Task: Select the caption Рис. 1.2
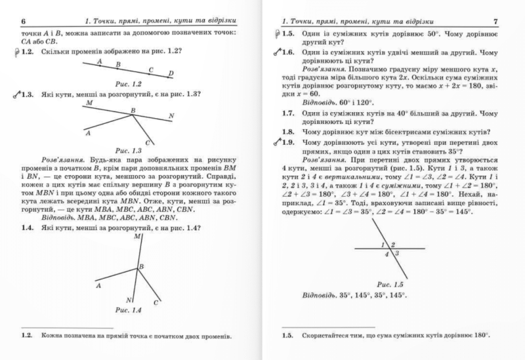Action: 129,84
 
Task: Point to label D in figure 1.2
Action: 171,73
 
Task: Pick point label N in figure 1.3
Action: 171,117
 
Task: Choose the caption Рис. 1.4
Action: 129,308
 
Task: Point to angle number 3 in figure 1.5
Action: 397,253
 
